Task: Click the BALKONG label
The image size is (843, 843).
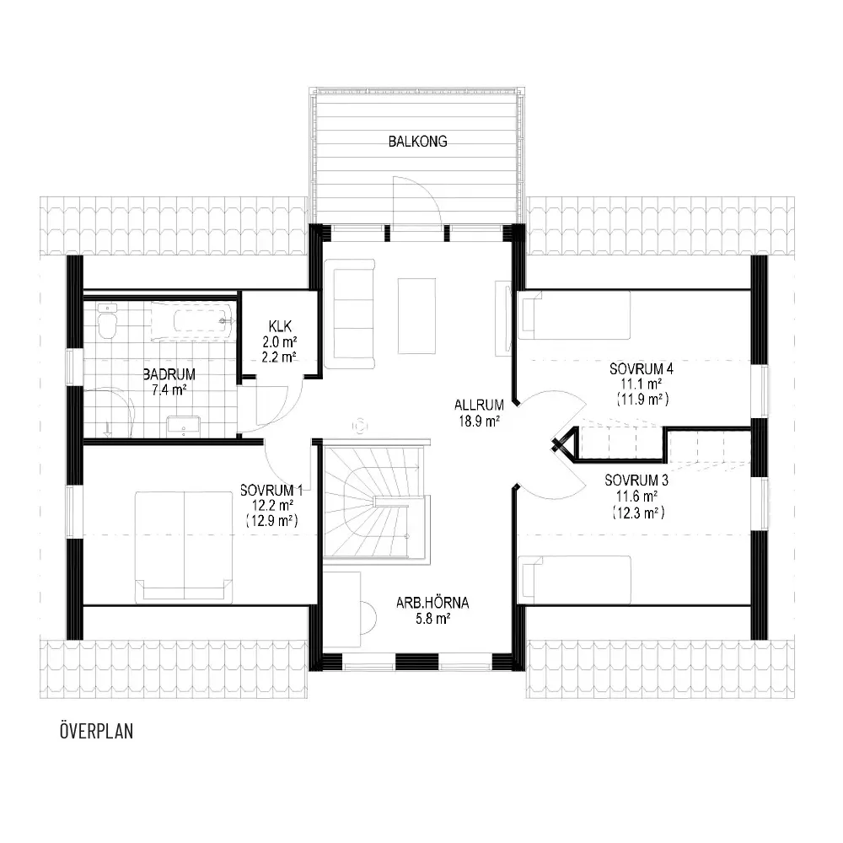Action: pos(418,142)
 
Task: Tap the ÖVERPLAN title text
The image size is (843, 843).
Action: pos(97,731)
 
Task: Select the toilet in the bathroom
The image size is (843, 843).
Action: pos(108,320)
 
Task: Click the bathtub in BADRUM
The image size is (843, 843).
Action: pos(192,321)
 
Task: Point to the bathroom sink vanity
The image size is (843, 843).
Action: pos(183,425)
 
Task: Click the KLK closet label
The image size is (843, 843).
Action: pos(280,325)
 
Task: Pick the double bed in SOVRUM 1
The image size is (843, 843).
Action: pos(184,546)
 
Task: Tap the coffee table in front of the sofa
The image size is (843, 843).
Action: pos(416,316)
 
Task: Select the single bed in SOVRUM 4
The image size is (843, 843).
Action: pos(573,315)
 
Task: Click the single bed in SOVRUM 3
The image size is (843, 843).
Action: pos(574,580)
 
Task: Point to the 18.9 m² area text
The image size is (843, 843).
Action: pos(479,421)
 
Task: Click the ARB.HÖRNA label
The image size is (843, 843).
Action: pos(432,603)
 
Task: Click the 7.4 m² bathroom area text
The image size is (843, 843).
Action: pos(169,389)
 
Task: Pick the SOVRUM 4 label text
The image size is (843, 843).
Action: pos(642,369)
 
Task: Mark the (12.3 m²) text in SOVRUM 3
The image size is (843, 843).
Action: pos(638,513)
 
